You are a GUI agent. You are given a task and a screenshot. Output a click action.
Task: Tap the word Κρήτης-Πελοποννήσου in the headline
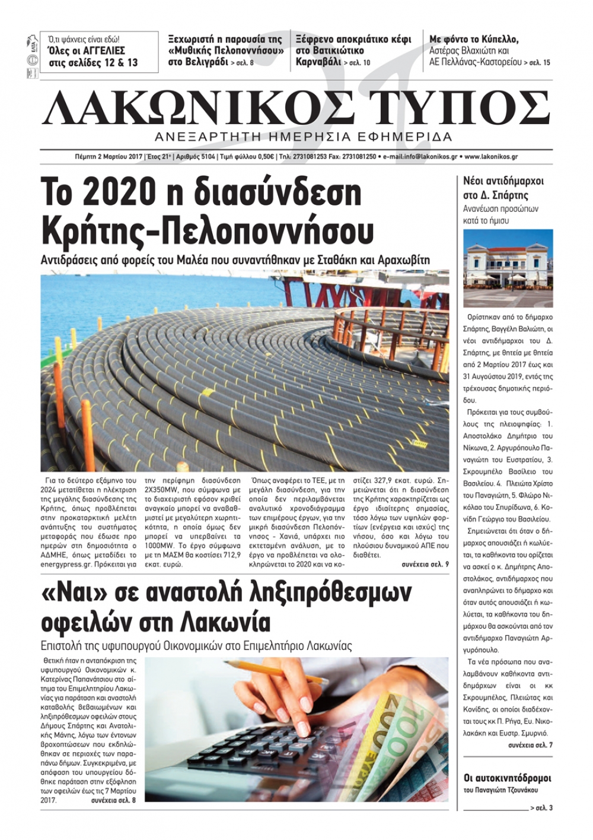coord(208,230)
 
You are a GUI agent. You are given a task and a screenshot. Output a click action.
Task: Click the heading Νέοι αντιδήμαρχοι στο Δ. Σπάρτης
coord(503,188)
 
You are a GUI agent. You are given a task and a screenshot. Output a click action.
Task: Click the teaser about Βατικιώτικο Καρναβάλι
coord(353,50)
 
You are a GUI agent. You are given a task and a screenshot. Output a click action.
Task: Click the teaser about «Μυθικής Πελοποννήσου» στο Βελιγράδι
coord(225,50)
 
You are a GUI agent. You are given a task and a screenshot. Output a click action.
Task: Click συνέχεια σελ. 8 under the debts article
coord(113,800)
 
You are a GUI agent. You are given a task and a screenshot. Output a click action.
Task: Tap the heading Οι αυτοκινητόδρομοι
coord(507,778)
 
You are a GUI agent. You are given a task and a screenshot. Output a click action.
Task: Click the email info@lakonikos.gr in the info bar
coord(420,157)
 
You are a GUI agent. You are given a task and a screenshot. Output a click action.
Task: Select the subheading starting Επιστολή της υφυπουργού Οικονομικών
coord(196,646)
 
